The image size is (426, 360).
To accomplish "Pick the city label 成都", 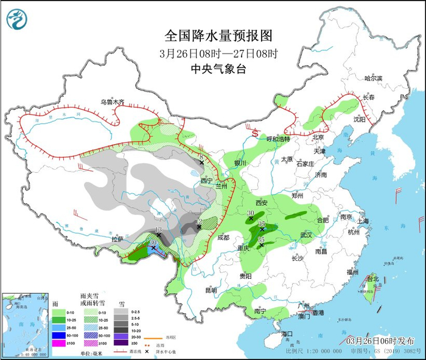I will [x=223, y=237].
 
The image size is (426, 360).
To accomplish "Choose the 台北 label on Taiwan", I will [x=372, y=279].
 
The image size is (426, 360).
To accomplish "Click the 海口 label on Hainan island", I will [x=287, y=333].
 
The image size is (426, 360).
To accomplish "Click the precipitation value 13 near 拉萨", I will [x=159, y=229].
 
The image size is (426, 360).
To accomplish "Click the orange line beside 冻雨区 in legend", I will [x=148, y=336].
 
